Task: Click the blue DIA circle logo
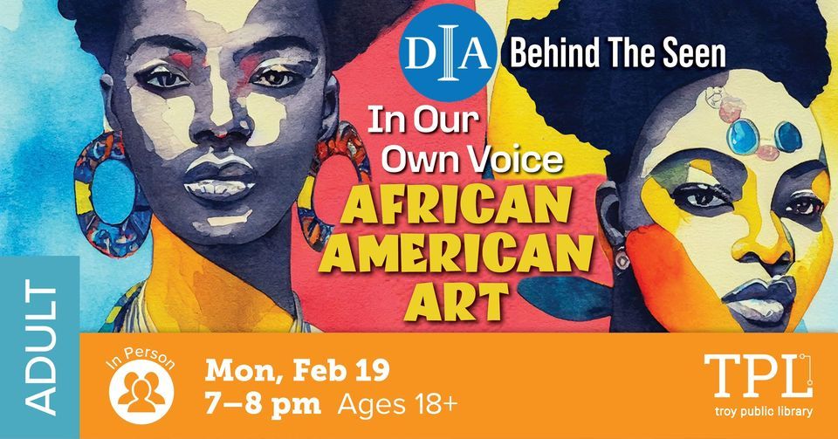pyautogui.click(x=448, y=53)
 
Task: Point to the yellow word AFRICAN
pyautogui.click(x=457, y=206)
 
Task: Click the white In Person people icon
pyautogui.click(x=141, y=392)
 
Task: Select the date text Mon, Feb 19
pyautogui.click(x=297, y=371)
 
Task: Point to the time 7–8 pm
pyautogui.click(x=263, y=405)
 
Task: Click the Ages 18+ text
pyautogui.click(x=398, y=405)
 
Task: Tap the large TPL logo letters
pyautogui.click(x=758, y=376)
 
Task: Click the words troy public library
pyautogui.click(x=765, y=412)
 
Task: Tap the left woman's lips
pyautogui.click(x=219, y=180)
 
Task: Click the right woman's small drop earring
pyautogui.click(x=622, y=261)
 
